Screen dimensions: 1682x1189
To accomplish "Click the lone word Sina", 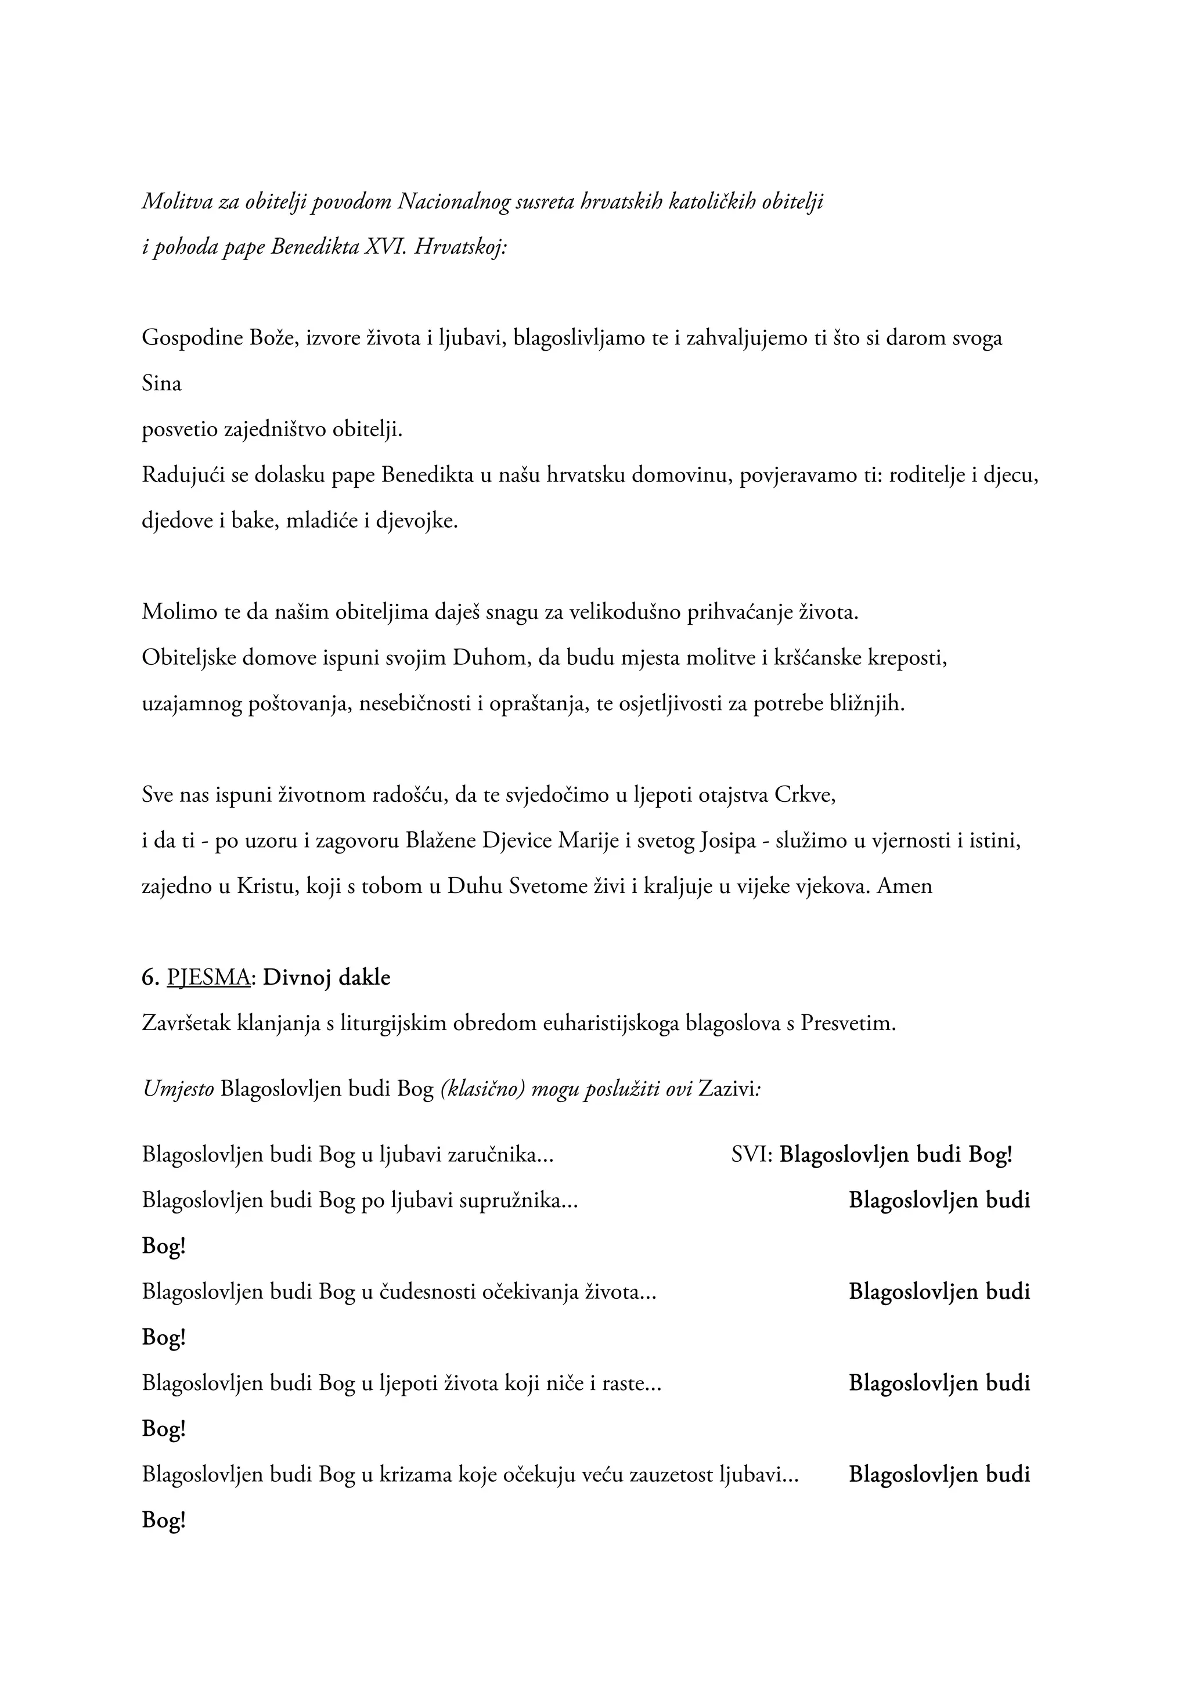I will pos(161,383).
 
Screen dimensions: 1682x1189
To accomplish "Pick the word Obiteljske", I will pos(189,657).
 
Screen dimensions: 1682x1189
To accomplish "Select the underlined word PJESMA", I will pos(209,977).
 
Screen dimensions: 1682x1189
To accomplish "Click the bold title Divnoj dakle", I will pos(327,977).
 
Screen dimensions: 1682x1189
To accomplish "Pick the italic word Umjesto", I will pos(178,1089).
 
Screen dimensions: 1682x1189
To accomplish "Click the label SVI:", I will pos(752,1155).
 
